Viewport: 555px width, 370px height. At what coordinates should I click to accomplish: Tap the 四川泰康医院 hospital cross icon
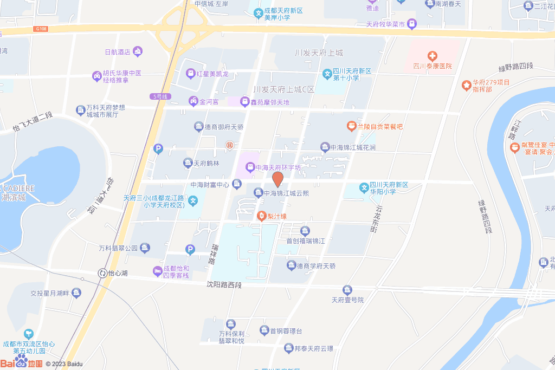click(x=433, y=56)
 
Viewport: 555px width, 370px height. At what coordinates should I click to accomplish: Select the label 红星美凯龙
click(x=212, y=73)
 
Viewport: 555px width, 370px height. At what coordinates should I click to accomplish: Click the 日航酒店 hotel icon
click(x=138, y=51)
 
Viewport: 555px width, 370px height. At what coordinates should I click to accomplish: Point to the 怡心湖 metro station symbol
click(x=102, y=273)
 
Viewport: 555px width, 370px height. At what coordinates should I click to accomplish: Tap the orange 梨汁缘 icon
click(x=261, y=216)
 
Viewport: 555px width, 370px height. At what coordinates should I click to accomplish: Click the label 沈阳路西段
click(x=223, y=284)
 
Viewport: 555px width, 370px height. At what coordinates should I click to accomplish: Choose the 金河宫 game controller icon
click(x=193, y=101)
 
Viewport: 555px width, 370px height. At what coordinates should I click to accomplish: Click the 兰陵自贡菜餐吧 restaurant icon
click(x=351, y=126)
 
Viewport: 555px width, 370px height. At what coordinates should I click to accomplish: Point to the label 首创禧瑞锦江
click(x=305, y=241)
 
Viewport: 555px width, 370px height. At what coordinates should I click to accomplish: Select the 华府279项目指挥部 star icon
click(x=466, y=85)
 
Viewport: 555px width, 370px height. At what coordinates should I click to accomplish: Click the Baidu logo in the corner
click(x=22, y=362)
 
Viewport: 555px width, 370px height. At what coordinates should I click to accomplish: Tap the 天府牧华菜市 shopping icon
click(x=412, y=24)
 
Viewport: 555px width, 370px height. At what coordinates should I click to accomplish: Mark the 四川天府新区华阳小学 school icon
click(x=364, y=189)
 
